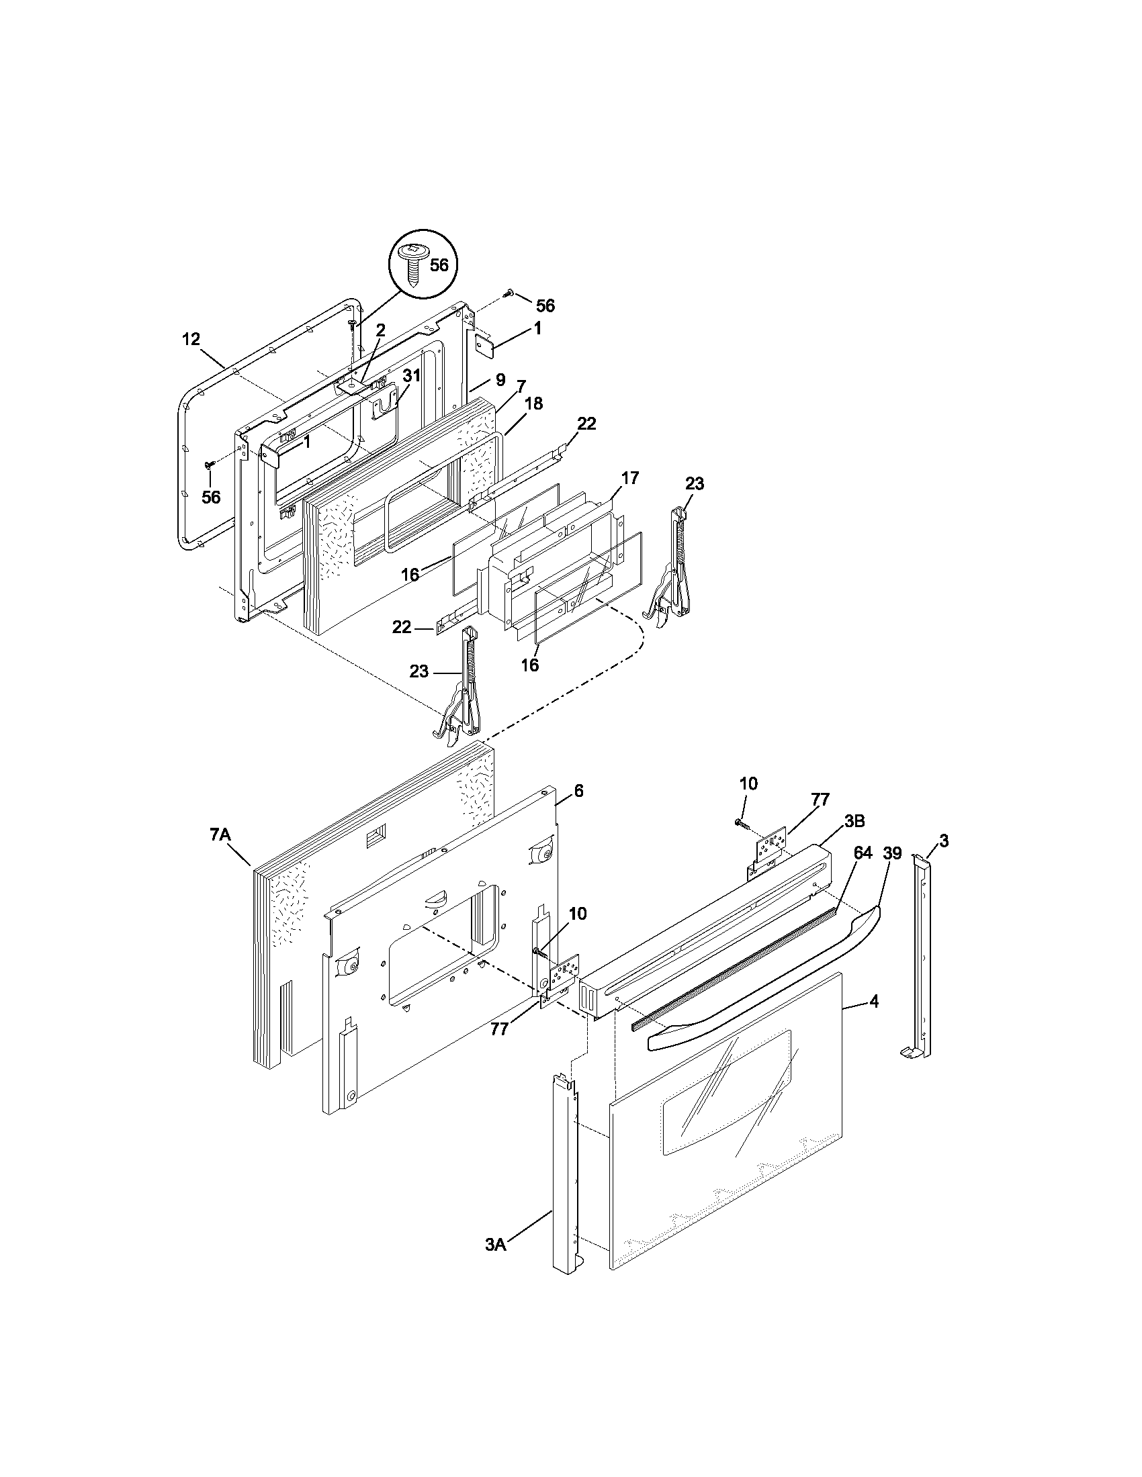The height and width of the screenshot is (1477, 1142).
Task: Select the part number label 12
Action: (191, 339)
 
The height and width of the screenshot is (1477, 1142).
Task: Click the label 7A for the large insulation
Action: (220, 836)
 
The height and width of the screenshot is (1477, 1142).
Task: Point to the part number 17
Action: (629, 478)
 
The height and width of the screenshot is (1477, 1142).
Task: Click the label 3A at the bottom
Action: (495, 1264)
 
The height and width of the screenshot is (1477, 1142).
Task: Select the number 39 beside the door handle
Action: (892, 853)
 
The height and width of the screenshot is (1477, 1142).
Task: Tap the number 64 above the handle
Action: (863, 853)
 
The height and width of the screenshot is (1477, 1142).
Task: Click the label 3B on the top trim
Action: (854, 821)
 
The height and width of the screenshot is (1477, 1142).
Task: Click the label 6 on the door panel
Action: (578, 791)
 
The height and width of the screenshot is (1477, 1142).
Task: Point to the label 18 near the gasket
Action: (533, 403)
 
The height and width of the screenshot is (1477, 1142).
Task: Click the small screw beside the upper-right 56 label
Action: (509, 293)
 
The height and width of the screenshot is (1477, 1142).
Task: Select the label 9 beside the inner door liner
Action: (500, 380)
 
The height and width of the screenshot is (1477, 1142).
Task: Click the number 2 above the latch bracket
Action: (381, 330)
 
